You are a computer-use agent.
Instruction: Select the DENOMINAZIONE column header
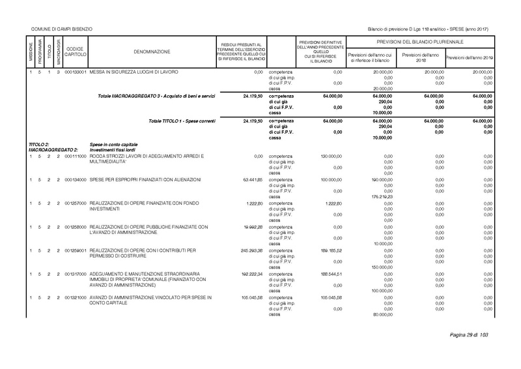[x=152, y=51]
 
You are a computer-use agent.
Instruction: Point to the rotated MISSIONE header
[x=30, y=51]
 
